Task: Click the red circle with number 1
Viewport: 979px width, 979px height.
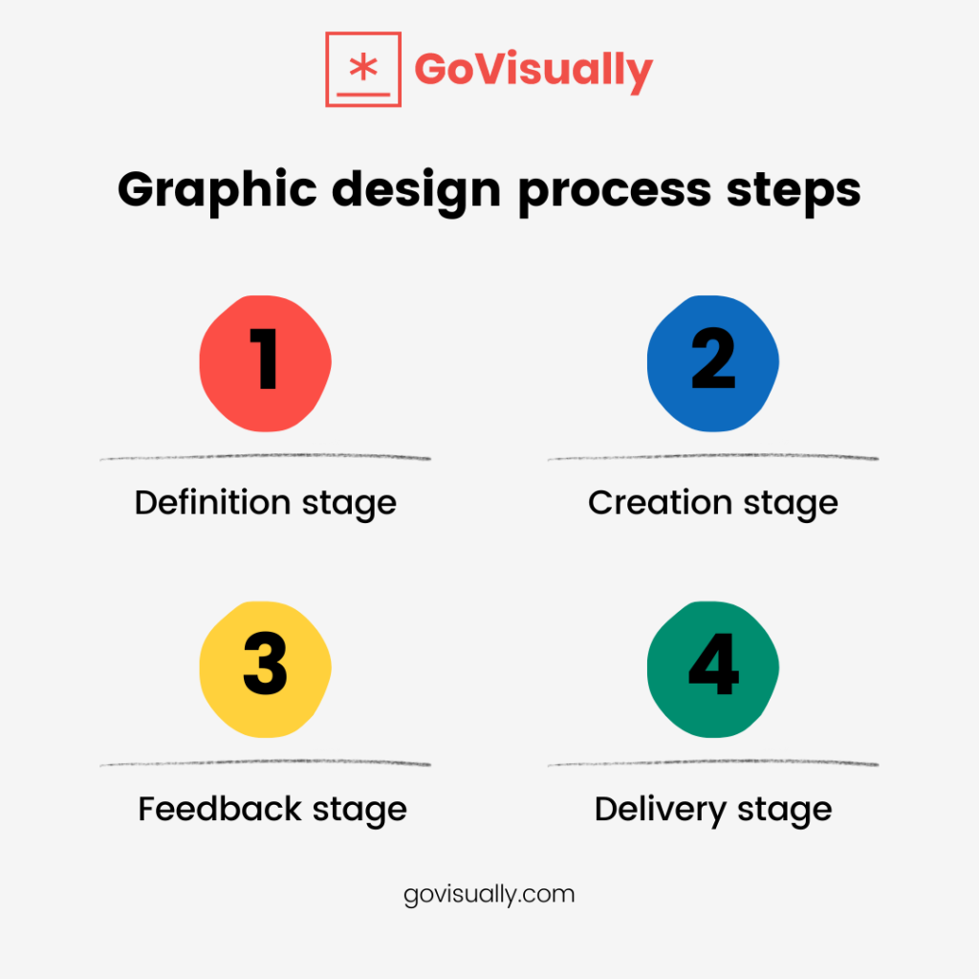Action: click(x=266, y=360)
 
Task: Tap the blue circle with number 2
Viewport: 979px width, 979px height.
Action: click(x=713, y=360)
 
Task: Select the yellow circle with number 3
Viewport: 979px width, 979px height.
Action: click(x=266, y=666)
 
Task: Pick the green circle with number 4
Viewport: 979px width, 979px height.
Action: click(x=713, y=666)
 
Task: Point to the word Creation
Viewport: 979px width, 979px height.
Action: click(x=650, y=502)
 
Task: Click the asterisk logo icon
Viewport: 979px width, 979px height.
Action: click(x=362, y=69)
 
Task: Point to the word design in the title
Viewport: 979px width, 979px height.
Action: click(x=409, y=189)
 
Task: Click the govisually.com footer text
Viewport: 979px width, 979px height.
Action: click(x=489, y=895)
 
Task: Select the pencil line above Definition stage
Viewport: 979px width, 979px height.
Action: click(x=266, y=459)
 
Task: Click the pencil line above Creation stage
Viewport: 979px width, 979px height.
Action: click(x=713, y=459)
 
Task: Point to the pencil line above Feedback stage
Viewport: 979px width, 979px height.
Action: click(x=266, y=764)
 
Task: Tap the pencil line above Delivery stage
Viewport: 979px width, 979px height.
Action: click(x=713, y=764)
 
